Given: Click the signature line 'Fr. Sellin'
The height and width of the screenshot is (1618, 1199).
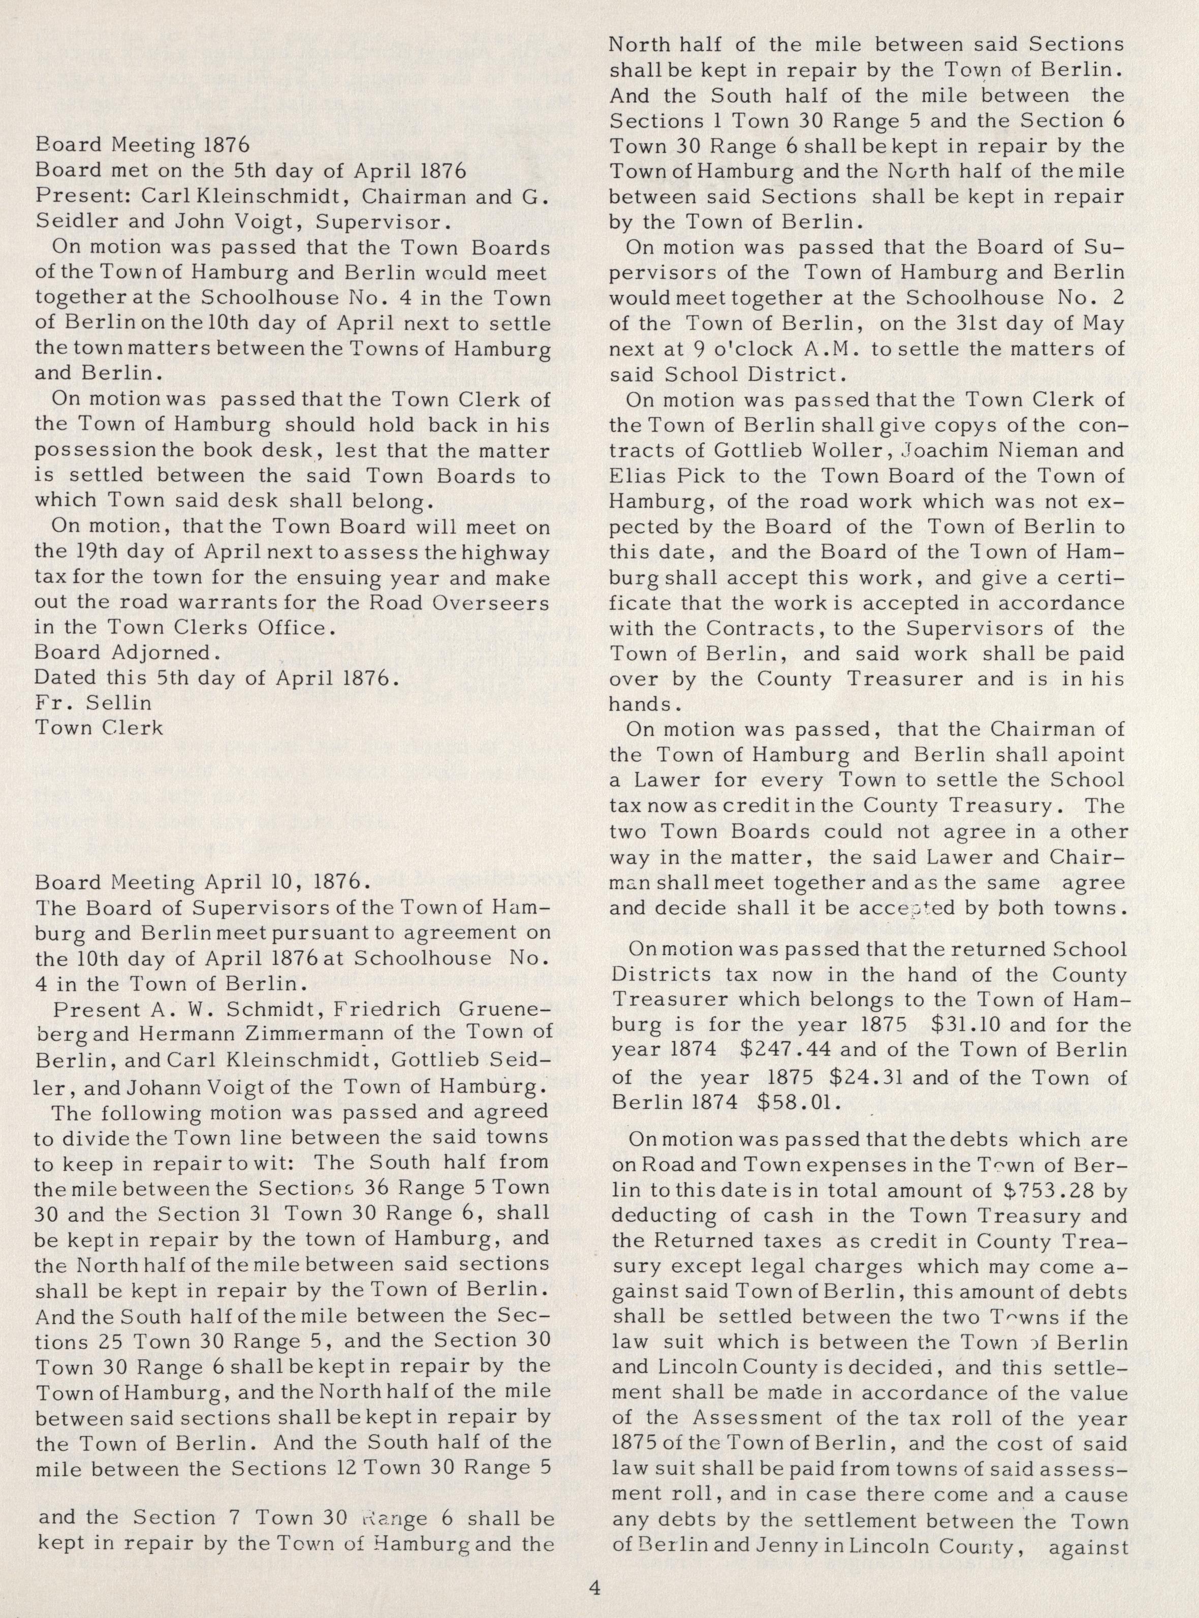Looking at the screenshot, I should [93, 703].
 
